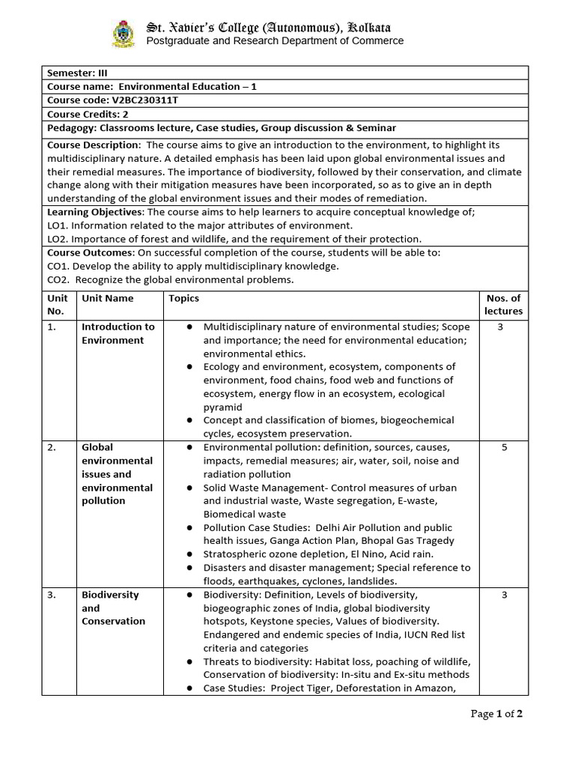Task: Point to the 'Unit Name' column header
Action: click(x=108, y=298)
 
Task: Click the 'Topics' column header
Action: click(x=183, y=298)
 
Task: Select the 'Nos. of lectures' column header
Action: click(x=503, y=305)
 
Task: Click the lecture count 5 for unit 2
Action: click(x=504, y=447)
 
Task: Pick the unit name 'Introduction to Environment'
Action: click(x=118, y=333)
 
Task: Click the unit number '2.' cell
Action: click(x=52, y=447)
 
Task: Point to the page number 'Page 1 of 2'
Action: click(x=496, y=714)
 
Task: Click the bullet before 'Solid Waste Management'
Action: click(x=191, y=488)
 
